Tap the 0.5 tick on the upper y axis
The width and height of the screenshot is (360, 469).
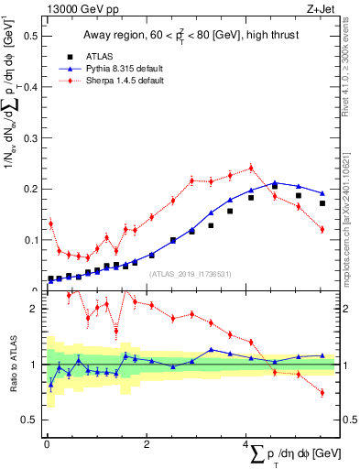point(29,36)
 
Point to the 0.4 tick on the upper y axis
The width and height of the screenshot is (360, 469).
point(29,87)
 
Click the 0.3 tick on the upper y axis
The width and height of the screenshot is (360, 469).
point(29,138)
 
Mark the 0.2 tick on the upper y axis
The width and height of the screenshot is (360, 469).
point(29,189)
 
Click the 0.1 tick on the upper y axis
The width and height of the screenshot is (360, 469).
point(29,240)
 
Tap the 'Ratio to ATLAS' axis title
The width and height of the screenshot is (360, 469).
point(12,364)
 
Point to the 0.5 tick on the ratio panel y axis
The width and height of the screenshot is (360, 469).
point(31,420)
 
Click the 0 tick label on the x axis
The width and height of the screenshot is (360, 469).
point(47,444)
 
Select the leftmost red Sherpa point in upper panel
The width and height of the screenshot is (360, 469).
point(50,223)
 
